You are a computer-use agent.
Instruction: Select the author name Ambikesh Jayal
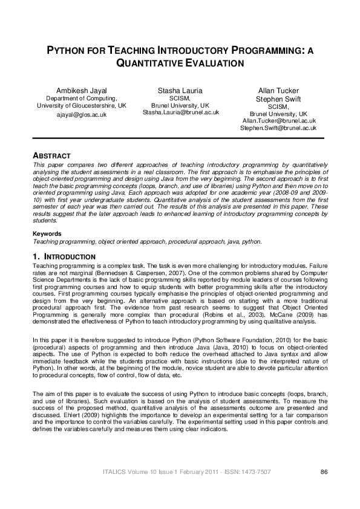pyautogui.click(x=82, y=91)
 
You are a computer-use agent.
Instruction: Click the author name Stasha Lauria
pyautogui.click(x=180, y=91)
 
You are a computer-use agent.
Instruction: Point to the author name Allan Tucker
pyautogui.click(x=278, y=91)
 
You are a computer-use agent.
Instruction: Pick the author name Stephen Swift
pyautogui.click(x=278, y=99)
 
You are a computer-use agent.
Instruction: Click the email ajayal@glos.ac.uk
pyautogui.click(x=82, y=114)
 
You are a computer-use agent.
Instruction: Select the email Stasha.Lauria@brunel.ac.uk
pyautogui.click(x=180, y=112)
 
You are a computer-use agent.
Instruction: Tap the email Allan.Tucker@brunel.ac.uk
pyautogui.click(x=278, y=121)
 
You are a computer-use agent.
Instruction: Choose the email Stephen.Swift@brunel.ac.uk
pyautogui.click(x=278, y=128)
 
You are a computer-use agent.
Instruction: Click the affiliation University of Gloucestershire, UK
pyautogui.click(x=82, y=105)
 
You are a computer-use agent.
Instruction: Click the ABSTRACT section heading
pyautogui.click(x=51, y=156)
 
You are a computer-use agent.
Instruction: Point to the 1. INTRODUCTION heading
pyautogui.click(x=64, y=257)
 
